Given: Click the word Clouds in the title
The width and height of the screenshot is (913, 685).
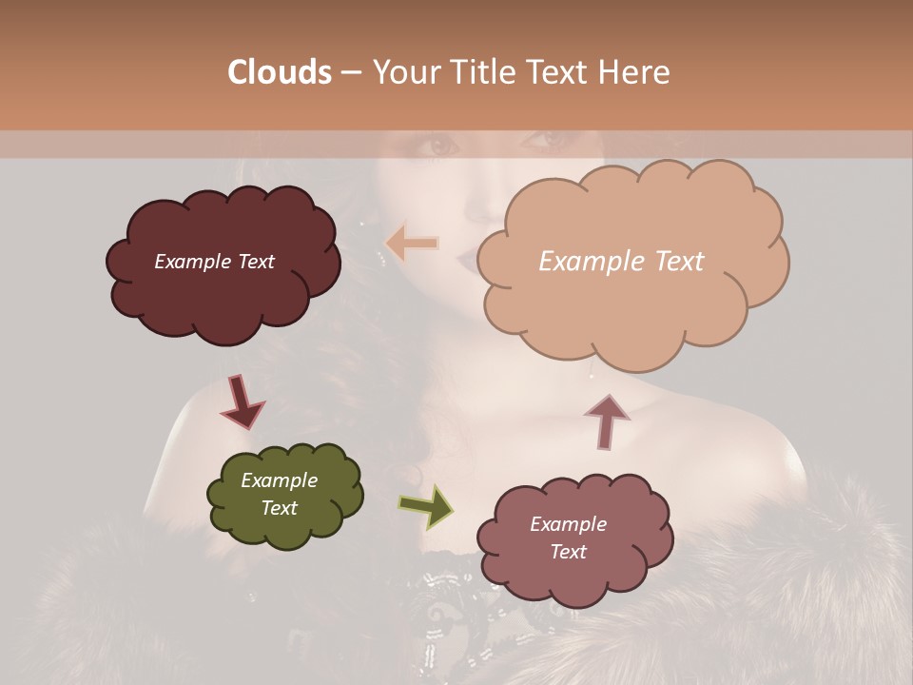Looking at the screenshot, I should coord(280,72).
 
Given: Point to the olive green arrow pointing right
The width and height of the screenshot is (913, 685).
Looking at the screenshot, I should coord(425,505).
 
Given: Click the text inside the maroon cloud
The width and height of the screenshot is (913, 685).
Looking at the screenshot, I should coord(214,262).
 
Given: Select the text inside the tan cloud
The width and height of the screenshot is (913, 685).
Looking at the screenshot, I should coord(621,262).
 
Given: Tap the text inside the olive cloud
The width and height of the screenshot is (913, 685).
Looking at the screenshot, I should coord(279,494).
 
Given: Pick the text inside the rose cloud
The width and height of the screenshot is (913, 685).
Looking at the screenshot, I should coord(568,538).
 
